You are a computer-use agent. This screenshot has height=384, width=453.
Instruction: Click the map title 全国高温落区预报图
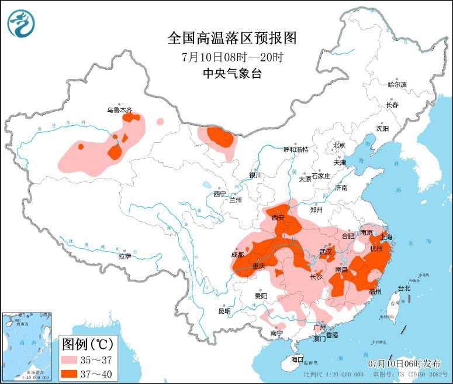[232, 39]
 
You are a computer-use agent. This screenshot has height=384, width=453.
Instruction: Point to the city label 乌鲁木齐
[119, 109]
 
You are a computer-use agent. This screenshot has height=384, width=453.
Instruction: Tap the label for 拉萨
[125, 256]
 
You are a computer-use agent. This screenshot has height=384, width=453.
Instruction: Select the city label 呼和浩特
[295, 149]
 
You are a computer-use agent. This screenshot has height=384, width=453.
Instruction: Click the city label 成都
[237, 255]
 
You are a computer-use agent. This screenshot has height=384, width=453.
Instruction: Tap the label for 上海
[386, 238]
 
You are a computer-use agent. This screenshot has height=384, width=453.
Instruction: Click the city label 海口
[298, 359]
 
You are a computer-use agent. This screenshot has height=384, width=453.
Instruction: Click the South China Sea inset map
[28, 345]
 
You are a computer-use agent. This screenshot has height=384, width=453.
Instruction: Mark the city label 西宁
[219, 194]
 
